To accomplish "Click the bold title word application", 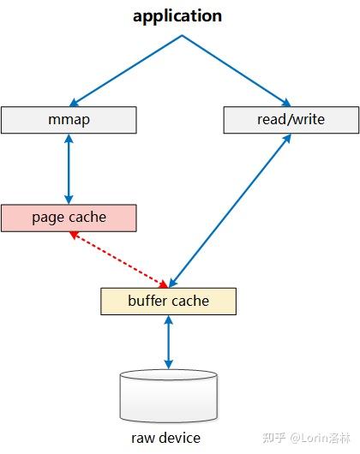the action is (x=177, y=16).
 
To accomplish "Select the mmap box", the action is (x=69, y=120).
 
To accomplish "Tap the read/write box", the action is (x=291, y=120).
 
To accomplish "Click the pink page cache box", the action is (x=69, y=218).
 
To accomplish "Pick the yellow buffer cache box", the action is (x=168, y=302).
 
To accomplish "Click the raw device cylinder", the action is (x=169, y=396).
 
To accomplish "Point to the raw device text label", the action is (x=165, y=438).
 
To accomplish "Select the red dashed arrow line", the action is (x=119, y=260).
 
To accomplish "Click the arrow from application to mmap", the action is (x=126, y=70).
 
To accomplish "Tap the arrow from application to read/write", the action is (x=237, y=70).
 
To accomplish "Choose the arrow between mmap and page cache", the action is (x=69, y=169).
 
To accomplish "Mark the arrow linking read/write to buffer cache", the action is (x=230, y=211).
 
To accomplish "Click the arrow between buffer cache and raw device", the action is (x=169, y=343).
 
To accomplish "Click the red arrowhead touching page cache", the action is (x=74, y=234).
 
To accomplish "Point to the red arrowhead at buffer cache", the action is (x=164, y=284).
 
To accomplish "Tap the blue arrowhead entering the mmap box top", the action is (x=74, y=103).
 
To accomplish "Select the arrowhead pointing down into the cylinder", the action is (x=169, y=365).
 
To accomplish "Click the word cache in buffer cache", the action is (x=191, y=302).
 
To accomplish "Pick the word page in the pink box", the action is (x=46, y=218).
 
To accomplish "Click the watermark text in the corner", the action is (x=306, y=438).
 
